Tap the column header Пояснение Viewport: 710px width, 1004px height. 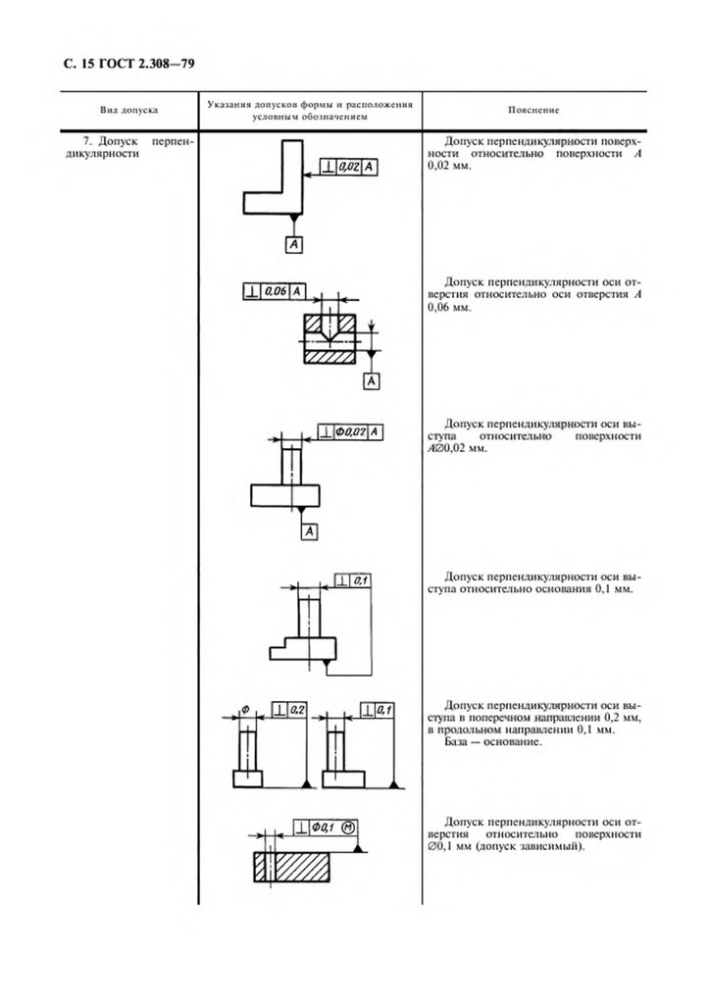(x=534, y=111)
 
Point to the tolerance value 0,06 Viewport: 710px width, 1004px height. (x=277, y=291)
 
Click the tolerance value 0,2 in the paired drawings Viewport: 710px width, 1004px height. (x=298, y=709)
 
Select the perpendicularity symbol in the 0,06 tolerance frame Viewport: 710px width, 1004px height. (x=252, y=291)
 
